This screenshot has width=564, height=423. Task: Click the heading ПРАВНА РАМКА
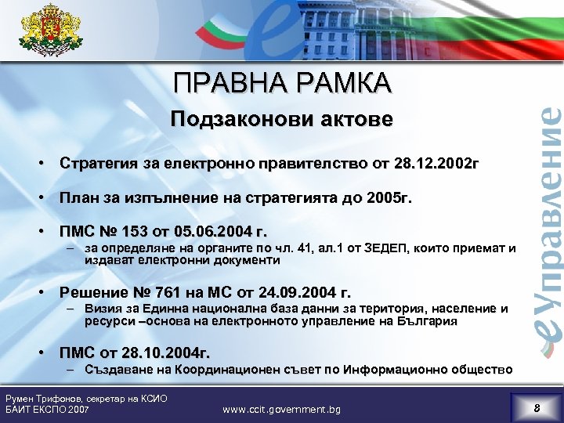tap(282, 83)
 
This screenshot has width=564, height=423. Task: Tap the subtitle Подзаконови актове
tap(282, 121)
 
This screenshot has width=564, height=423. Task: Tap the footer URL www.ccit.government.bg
tap(281, 408)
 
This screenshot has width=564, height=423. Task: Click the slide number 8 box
tap(537, 407)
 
